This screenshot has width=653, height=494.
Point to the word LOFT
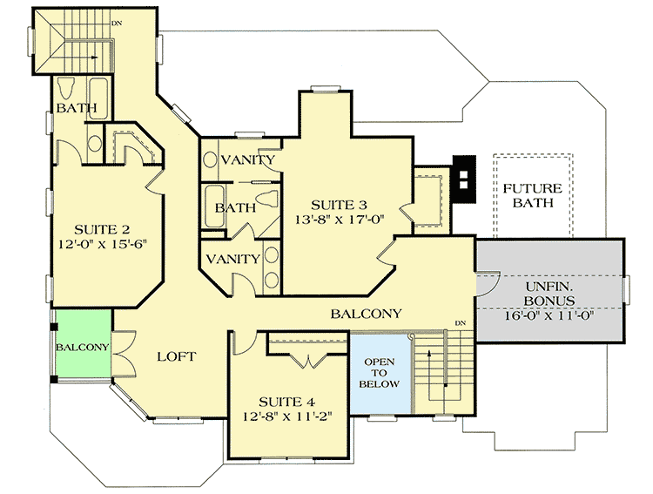[x=176, y=355]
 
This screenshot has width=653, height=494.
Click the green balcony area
[x=82, y=346]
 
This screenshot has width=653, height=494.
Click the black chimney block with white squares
[x=464, y=179]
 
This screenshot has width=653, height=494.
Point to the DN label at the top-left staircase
[x=116, y=23]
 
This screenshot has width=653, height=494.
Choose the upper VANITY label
[x=249, y=160]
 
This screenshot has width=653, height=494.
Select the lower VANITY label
[x=232, y=259]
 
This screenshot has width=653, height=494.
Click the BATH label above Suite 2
[x=77, y=108]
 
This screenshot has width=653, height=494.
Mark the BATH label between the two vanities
[x=235, y=207]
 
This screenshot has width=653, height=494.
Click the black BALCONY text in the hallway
[x=366, y=314]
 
